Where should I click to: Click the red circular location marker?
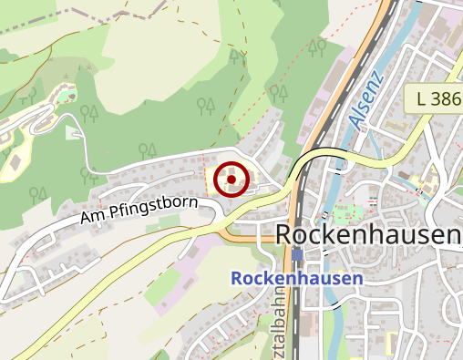pos(232,180)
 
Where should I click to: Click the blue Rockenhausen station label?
pos(297,278)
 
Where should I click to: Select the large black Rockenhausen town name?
pos(367,235)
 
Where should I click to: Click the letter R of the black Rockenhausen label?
pos(283,235)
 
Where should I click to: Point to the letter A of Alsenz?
pos(353,119)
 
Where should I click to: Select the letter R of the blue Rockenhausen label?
pos(237,278)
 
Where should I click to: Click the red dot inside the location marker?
pos(232,180)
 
